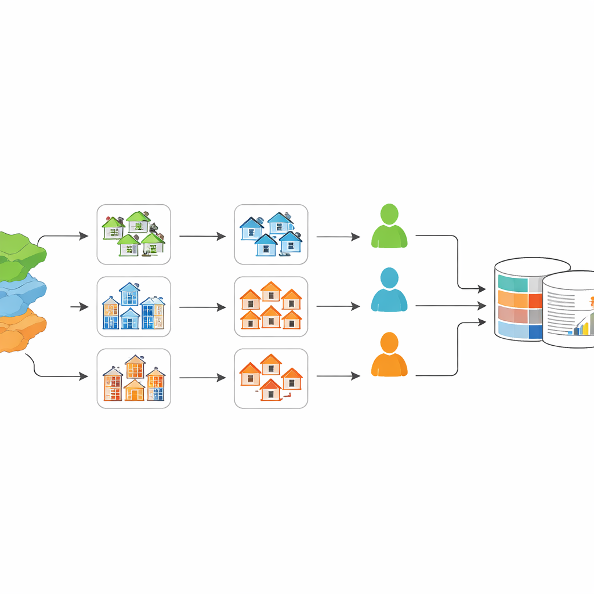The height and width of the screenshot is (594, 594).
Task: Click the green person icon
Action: point(389,227)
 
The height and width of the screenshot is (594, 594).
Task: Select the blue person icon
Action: point(389,291)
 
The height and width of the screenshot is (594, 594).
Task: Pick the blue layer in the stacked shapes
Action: point(21,296)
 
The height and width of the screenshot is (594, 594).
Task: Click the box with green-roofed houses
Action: point(133,234)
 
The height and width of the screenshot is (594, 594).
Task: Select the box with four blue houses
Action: point(271,234)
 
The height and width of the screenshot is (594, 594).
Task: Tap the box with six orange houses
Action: point(271,306)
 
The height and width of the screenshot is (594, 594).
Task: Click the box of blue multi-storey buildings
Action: point(133,306)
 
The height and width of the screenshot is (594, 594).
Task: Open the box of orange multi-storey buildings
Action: point(133,378)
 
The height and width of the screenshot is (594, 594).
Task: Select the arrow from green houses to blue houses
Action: point(202,236)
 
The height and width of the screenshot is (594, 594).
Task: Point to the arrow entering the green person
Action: point(338,236)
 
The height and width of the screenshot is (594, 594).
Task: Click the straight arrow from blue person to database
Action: point(450,306)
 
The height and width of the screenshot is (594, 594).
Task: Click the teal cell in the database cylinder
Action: point(513,284)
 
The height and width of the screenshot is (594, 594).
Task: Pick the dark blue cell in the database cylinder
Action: point(535,331)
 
